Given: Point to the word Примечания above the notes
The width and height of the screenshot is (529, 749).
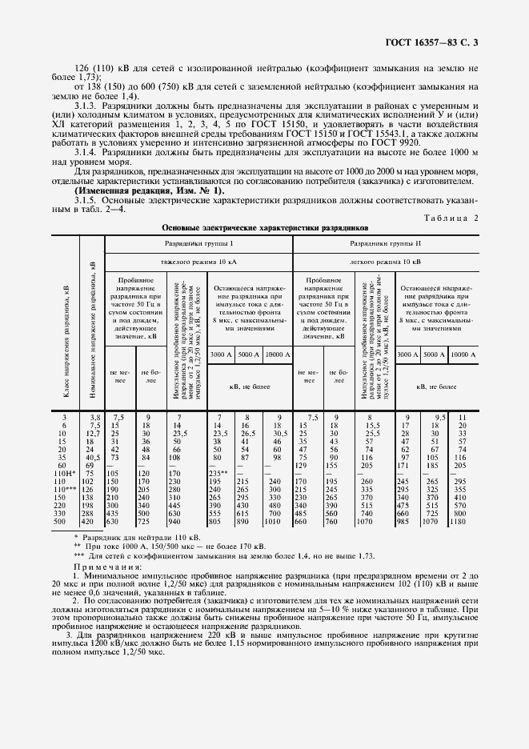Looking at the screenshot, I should coord(106,567).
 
